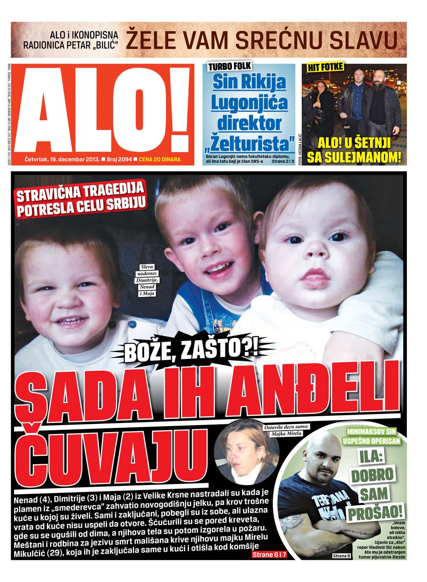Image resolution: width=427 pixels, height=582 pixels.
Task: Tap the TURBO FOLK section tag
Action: (x=229, y=66)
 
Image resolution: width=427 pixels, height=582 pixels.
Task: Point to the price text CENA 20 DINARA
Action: (x=160, y=159)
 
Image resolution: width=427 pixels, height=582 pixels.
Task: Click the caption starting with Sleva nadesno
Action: (x=147, y=280)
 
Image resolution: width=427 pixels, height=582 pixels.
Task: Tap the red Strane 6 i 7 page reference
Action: (x=269, y=555)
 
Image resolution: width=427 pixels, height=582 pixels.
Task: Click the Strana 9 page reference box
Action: (x=342, y=556)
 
